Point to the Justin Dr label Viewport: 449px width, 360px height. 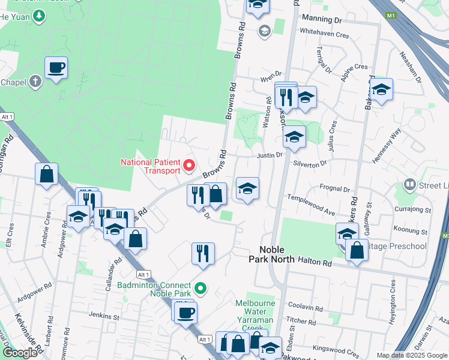coord(270,155)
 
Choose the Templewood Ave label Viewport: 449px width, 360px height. coord(311,205)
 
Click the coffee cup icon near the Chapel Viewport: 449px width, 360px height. coord(56,68)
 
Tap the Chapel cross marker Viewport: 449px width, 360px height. coord(35,81)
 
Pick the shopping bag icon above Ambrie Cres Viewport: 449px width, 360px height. coord(47,175)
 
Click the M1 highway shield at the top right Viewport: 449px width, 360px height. coord(392,15)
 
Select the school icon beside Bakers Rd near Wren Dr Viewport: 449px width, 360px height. coord(381,89)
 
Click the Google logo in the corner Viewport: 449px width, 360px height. coord(20,353)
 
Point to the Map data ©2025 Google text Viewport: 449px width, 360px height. coord(411,355)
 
